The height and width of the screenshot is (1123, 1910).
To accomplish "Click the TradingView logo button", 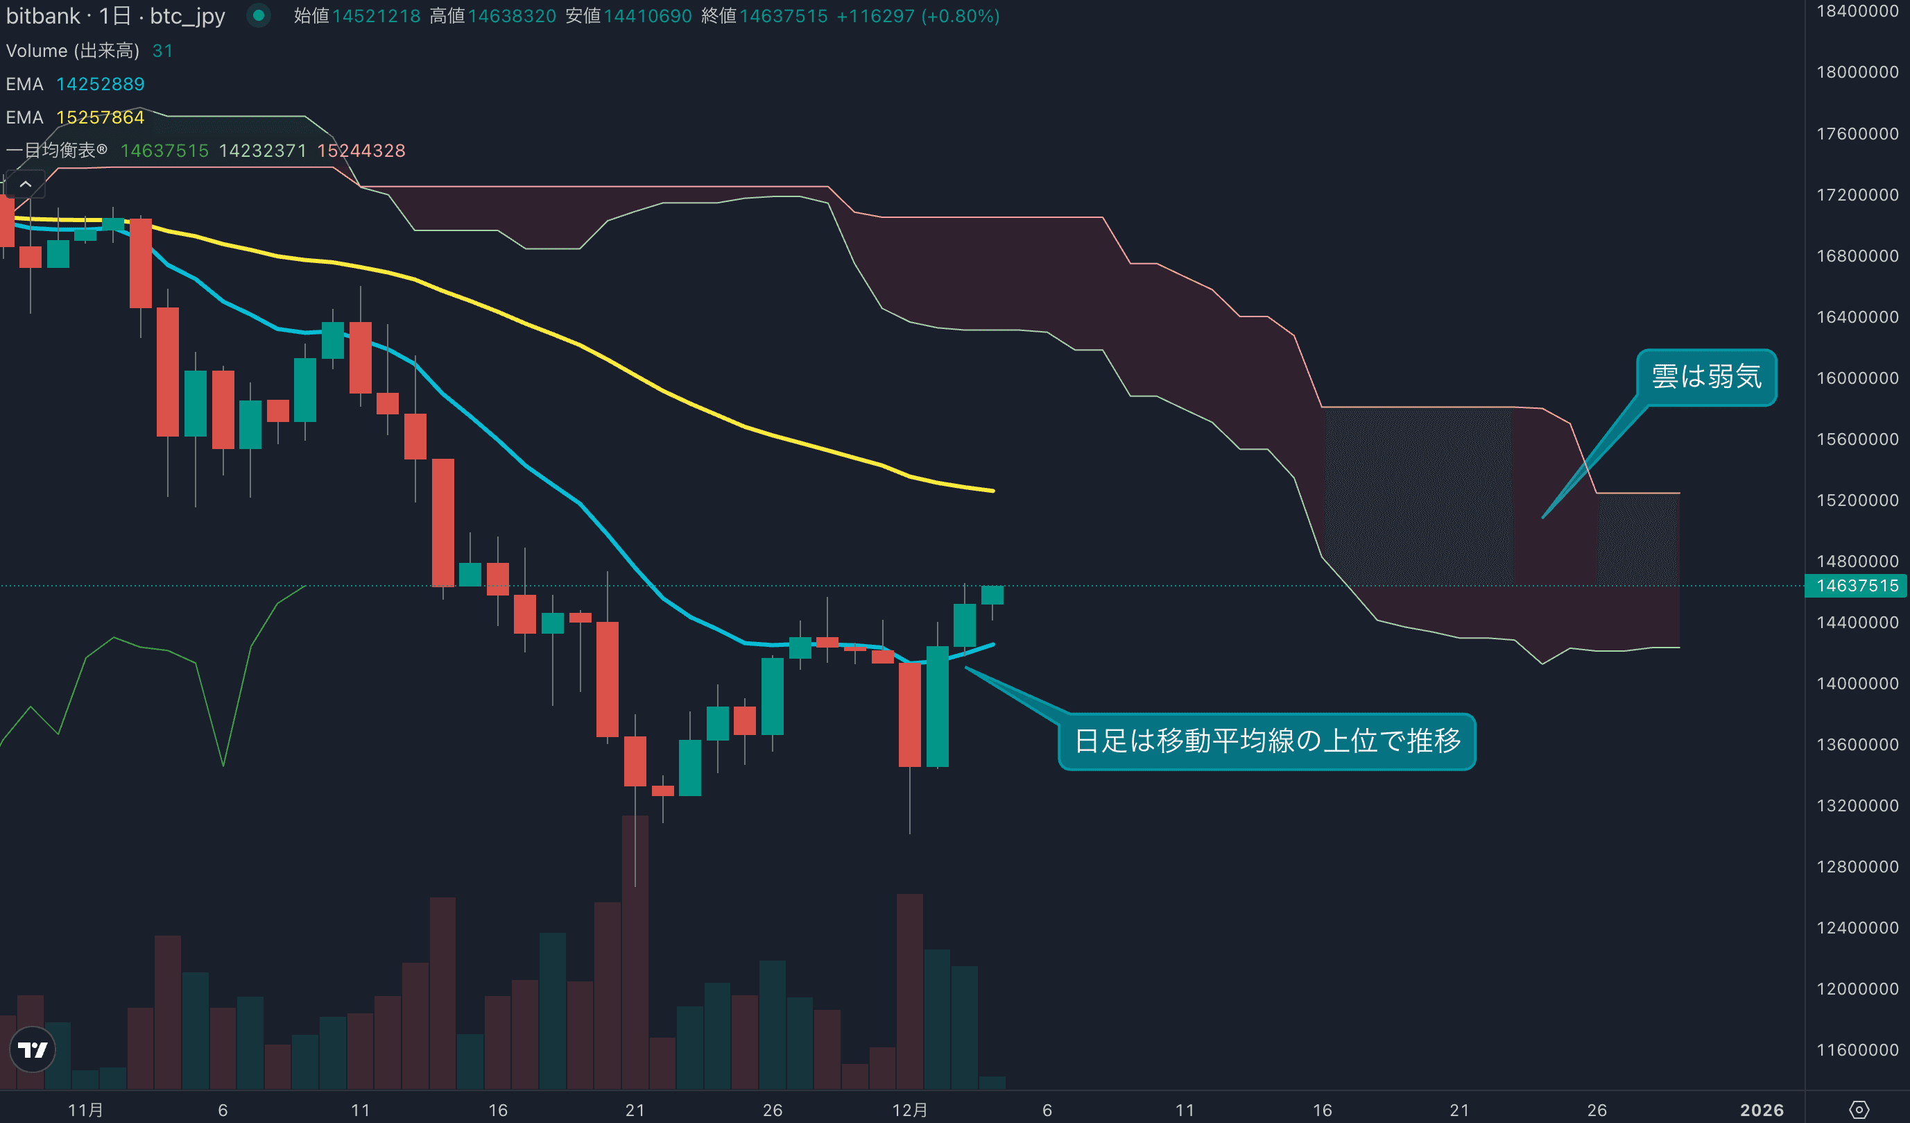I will pos(33,1049).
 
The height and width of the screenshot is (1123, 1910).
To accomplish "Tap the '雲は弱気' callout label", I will pos(1706,377).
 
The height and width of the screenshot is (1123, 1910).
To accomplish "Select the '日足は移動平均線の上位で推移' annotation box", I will pos(1266,741).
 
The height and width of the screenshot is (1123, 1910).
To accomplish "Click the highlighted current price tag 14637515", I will pos(1857,585).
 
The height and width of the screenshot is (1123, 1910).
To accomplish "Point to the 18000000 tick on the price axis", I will pos(1857,72).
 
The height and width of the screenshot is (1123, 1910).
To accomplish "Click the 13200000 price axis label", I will pos(1857,805).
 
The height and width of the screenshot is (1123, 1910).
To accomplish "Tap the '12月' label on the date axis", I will pos(909,1110).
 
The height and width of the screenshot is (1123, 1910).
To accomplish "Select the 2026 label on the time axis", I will pos(1762,1110).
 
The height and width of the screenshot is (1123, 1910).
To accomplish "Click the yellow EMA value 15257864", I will pos(100,117).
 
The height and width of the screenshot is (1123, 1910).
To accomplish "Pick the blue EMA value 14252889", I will pos(100,84).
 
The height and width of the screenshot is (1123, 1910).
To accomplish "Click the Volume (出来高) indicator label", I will pos(73,51).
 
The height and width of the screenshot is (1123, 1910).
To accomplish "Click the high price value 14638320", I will pos(512,16).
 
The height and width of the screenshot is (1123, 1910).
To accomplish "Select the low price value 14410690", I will pos(647,16).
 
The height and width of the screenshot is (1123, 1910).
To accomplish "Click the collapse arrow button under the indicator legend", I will pos(25,184).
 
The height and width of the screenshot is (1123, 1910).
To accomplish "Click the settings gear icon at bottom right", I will pos(1859,1110).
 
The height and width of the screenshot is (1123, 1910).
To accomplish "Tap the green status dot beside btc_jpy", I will pos(259,15).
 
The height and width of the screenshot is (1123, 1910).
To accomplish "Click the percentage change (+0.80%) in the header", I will pos(961,16).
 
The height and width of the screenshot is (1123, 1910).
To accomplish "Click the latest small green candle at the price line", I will pos(992,596).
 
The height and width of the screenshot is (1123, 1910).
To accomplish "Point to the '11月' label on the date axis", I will pos(85,1110).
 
